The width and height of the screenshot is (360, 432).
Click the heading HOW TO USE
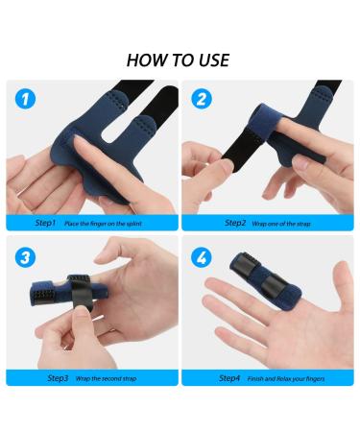pos(180,60)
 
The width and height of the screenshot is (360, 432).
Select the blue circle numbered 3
pos(28,258)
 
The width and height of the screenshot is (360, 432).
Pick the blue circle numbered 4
pos(201,258)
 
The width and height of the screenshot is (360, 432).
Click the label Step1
pos(46,223)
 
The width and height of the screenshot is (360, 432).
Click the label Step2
pos(235,223)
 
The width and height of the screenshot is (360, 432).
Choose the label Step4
pos(229,378)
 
